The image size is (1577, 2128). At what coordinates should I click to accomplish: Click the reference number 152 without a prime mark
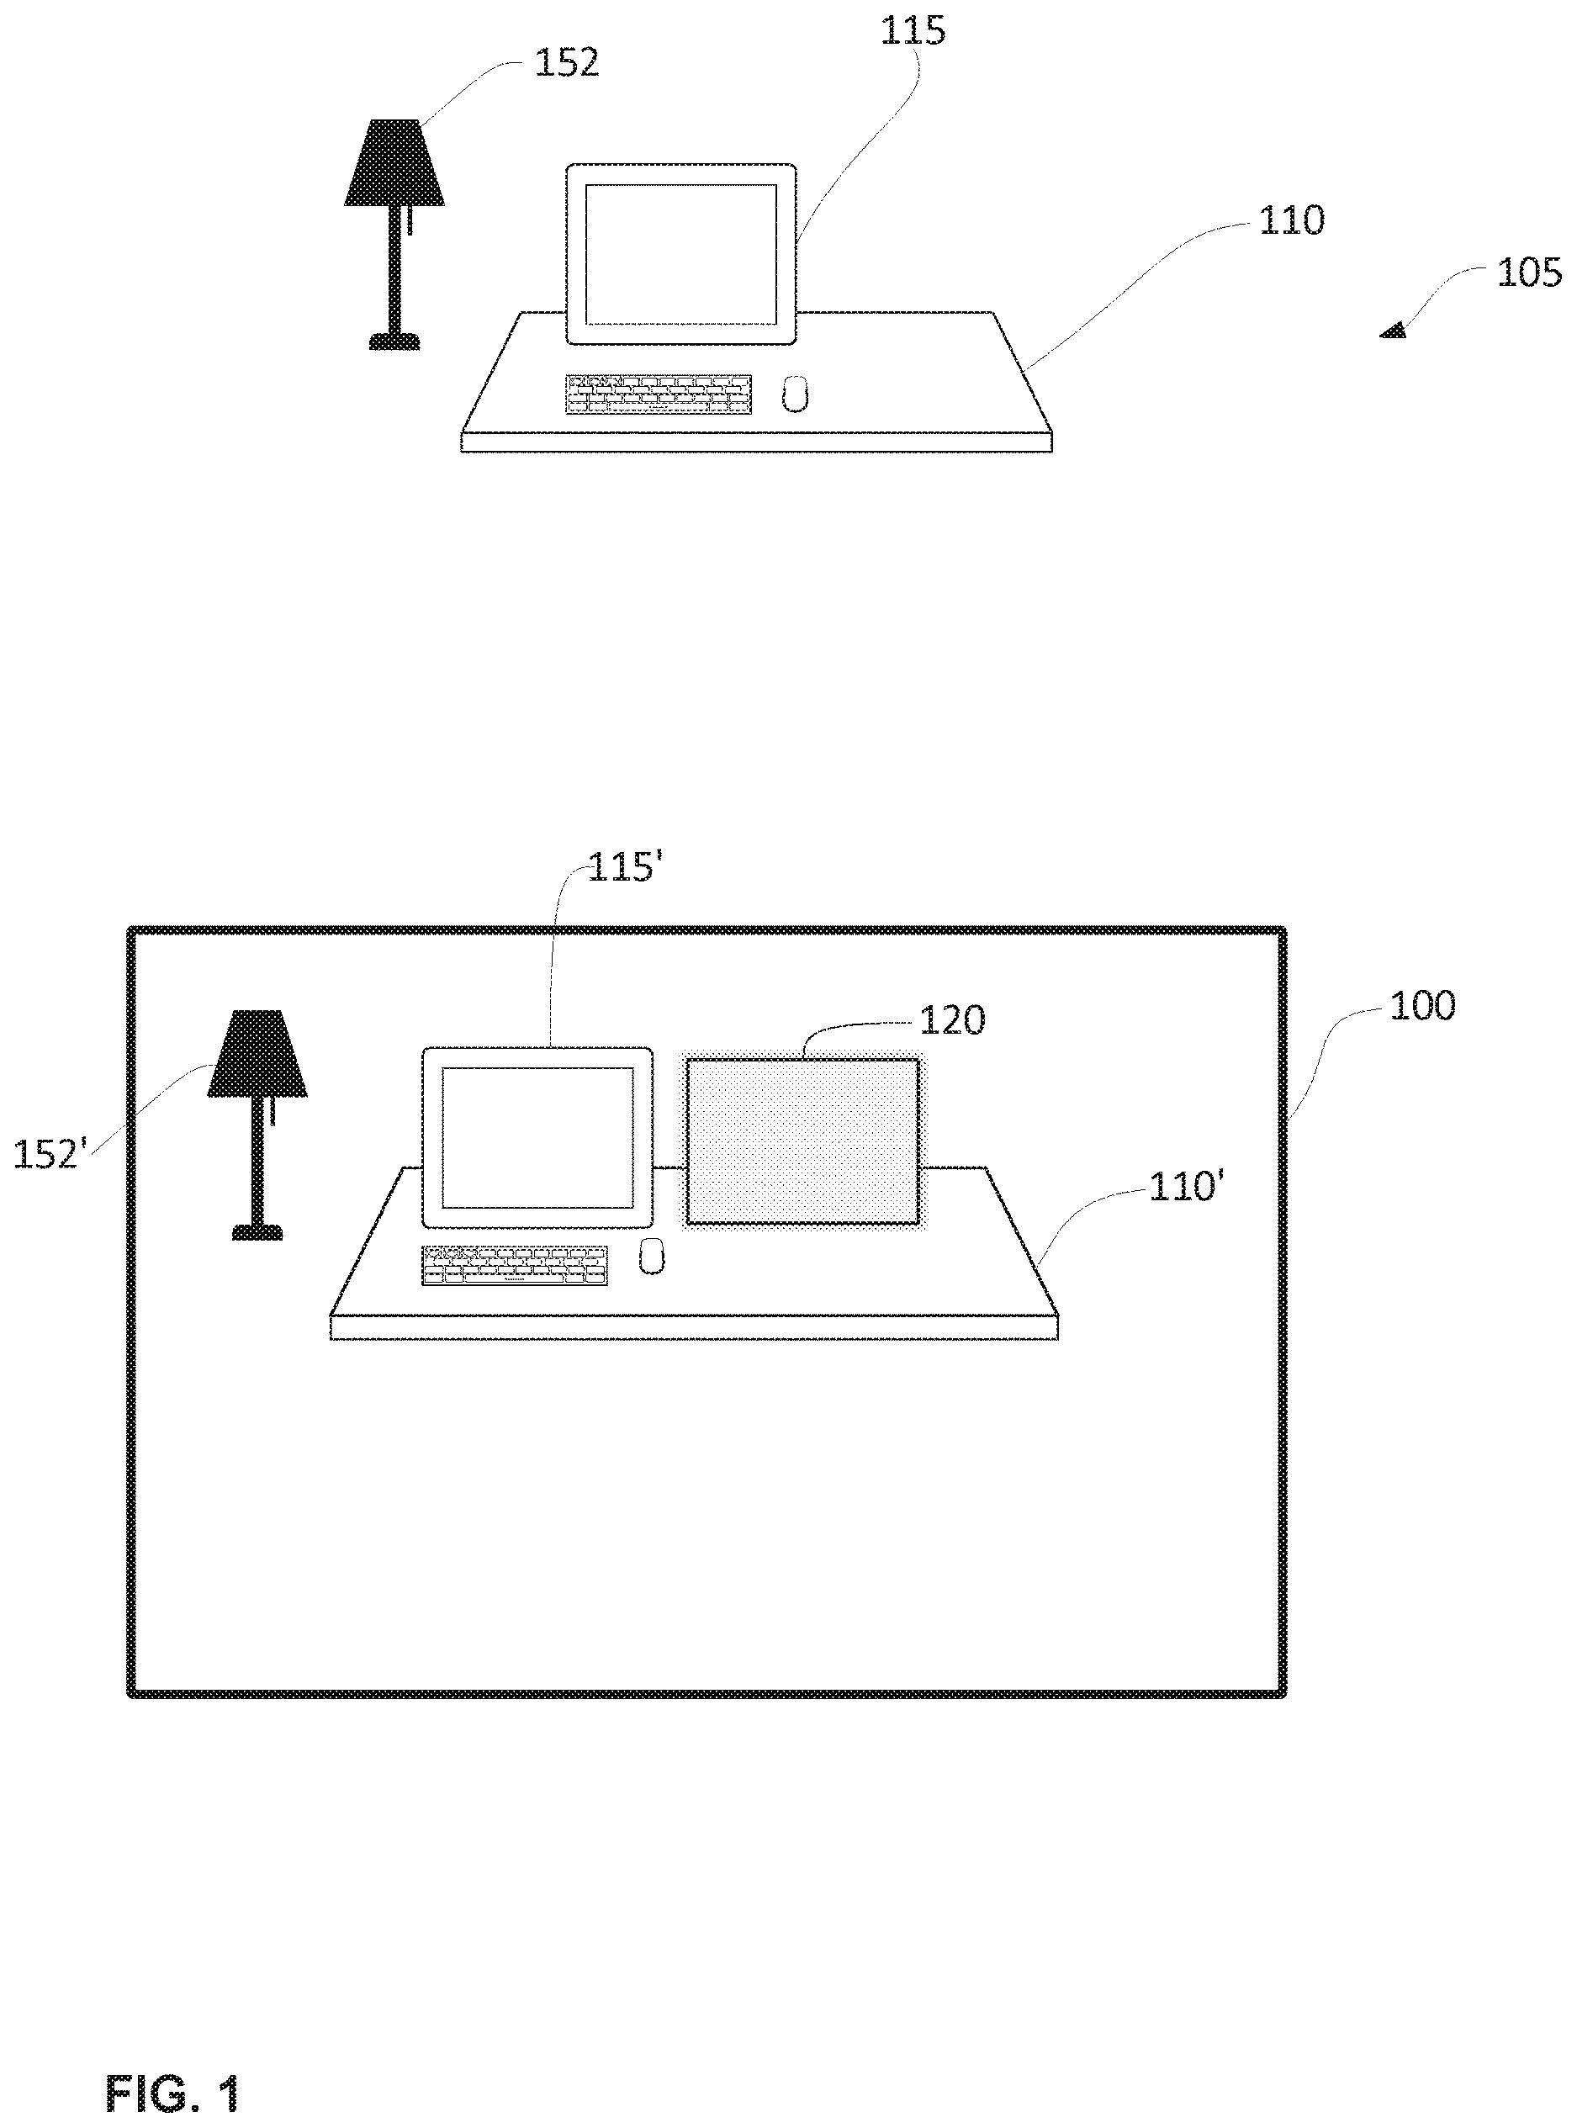pyautogui.click(x=566, y=63)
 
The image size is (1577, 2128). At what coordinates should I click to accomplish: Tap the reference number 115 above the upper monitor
pyautogui.click(x=913, y=30)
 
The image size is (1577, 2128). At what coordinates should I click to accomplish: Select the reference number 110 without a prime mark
pyautogui.click(x=1292, y=220)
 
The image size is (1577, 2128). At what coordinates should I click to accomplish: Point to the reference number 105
pyautogui.click(x=1528, y=273)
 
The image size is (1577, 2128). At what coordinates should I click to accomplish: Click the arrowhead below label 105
pyautogui.click(x=1394, y=331)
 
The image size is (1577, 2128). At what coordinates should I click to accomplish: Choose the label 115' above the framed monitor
pyautogui.click(x=623, y=869)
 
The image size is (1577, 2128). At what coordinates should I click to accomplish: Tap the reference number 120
pyautogui.click(x=952, y=1020)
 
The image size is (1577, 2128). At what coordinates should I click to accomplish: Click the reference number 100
pyautogui.click(x=1421, y=1006)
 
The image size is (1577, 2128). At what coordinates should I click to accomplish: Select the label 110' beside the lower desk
pyautogui.click(x=1186, y=1187)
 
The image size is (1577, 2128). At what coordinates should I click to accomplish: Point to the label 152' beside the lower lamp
pyautogui.click(x=50, y=1154)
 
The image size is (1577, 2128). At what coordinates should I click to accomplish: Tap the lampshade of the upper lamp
pyautogui.click(x=394, y=162)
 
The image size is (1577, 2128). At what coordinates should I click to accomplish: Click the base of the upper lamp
pyautogui.click(x=394, y=341)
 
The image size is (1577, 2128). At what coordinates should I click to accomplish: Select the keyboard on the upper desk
pyautogui.click(x=659, y=394)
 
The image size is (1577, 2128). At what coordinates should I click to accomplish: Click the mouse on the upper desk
pyautogui.click(x=795, y=394)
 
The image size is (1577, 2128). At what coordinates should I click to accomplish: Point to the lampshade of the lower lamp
pyautogui.click(x=257, y=1054)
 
